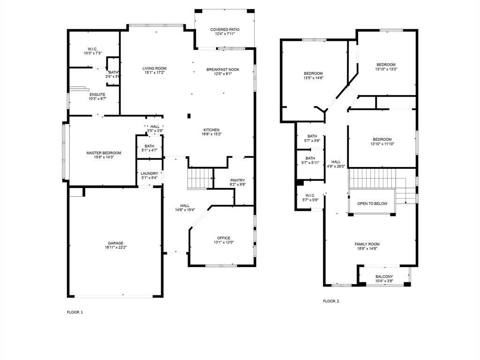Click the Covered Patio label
(x=225, y=30)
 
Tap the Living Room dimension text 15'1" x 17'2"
(x=155, y=73)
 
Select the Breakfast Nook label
(x=223, y=69)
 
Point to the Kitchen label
(x=211, y=130)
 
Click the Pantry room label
(x=238, y=180)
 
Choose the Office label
(x=224, y=238)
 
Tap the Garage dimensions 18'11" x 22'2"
(x=116, y=247)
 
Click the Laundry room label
(x=150, y=173)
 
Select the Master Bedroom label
(x=104, y=153)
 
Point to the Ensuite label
(x=97, y=95)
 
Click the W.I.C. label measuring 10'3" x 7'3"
(x=92, y=49)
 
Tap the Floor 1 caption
(x=75, y=312)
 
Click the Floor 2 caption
(x=331, y=301)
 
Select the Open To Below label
(x=372, y=203)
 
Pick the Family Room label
(x=367, y=244)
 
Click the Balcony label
(x=384, y=277)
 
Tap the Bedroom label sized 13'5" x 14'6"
(x=313, y=74)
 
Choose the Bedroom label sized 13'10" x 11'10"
(x=382, y=139)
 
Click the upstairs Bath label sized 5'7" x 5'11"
(x=310, y=158)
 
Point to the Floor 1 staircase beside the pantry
(x=200, y=178)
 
